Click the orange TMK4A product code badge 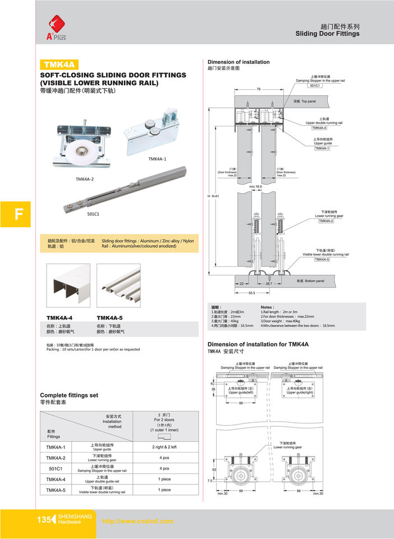click(59, 65)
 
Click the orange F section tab click(18, 214)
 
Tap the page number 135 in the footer click(43, 520)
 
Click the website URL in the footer click(137, 521)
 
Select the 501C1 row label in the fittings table click(56, 468)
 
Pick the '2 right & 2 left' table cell click(164, 447)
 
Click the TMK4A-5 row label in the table click(56, 490)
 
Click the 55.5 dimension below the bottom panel click(251, 293)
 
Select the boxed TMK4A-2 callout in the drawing click(326, 221)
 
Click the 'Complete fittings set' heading click(69, 395)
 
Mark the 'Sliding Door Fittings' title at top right click(327, 34)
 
